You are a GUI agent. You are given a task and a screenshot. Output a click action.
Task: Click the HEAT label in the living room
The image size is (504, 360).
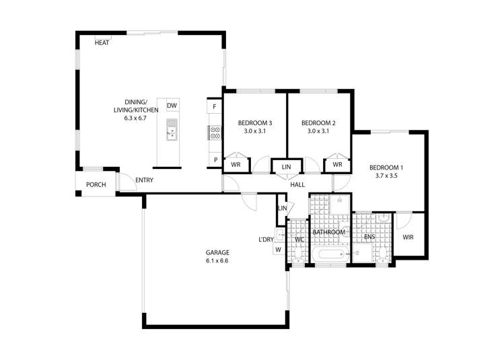(102, 43)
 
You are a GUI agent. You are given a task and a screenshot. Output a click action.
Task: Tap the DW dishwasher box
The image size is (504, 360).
(172, 106)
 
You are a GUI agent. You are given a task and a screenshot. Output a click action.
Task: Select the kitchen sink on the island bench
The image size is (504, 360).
(172, 130)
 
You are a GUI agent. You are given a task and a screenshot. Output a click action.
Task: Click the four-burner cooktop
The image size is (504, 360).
(215, 133)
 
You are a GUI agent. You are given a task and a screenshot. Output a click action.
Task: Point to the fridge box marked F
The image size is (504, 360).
(215, 106)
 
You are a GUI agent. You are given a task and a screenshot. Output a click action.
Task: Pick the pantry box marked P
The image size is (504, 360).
(215, 159)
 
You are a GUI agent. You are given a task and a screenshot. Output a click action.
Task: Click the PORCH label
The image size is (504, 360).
(96, 185)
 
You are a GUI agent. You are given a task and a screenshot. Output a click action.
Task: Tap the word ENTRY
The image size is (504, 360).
(144, 180)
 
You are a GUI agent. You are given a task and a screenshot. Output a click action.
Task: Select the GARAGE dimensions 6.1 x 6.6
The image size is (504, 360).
(217, 260)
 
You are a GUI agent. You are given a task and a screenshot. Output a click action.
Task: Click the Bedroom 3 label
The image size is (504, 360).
(255, 122)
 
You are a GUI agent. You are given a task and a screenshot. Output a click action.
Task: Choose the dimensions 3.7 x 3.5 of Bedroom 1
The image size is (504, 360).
(386, 176)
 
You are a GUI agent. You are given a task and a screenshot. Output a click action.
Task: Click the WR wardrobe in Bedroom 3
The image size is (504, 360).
(236, 165)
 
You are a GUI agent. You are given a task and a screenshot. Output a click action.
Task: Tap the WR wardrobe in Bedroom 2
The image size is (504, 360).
(338, 165)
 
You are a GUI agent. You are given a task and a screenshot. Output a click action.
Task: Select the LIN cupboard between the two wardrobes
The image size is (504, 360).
(287, 167)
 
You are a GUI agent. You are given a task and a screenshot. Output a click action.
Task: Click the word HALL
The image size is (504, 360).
(297, 185)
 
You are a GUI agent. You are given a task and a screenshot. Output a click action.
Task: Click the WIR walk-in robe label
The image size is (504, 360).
(408, 238)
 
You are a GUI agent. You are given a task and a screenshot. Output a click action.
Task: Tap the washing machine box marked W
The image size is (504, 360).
(279, 250)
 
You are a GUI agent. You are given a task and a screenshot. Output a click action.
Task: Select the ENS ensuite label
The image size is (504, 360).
(369, 237)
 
